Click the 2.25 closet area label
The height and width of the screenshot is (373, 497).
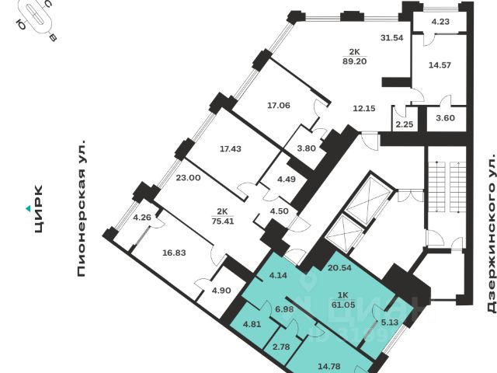pyautogui.click(x=404, y=124)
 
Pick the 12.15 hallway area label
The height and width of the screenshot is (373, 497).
pyautogui.click(x=364, y=108)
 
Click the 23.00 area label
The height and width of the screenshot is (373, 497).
pyautogui.click(x=189, y=177)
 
